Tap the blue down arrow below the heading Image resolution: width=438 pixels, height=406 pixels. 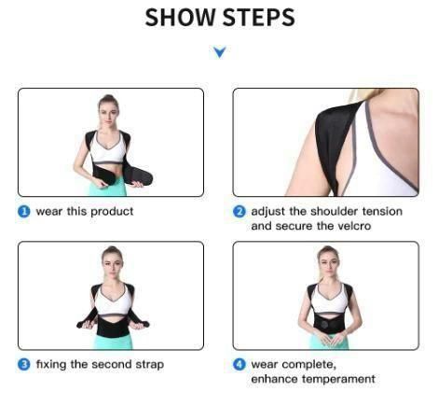(220, 52)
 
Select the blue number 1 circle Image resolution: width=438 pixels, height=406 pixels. (24, 212)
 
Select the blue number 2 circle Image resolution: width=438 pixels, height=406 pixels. (240, 212)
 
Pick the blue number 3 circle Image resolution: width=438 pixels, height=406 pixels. (24, 364)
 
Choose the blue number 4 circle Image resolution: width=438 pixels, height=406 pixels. (240, 364)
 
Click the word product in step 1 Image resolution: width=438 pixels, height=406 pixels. (113, 212)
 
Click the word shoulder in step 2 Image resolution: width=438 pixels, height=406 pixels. (330, 212)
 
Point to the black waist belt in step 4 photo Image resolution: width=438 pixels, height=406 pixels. (328, 322)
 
